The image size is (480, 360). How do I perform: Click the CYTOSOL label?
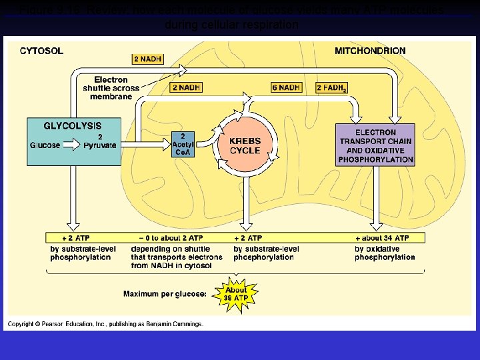tap(41, 51)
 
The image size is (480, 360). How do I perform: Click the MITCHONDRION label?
tap(369, 51)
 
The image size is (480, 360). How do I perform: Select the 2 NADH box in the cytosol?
tap(147, 59)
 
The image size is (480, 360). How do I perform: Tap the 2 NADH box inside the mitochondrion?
tap(187, 87)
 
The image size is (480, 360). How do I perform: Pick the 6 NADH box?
tap(286, 87)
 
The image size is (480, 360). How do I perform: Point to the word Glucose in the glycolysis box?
tap(45, 145)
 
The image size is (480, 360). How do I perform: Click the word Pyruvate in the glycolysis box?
tap(100, 145)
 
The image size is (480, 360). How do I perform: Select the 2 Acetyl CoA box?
tap(183, 143)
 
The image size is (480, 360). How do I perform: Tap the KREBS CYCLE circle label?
tap(245, 145)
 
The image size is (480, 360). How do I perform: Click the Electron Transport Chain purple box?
tap(376, 145)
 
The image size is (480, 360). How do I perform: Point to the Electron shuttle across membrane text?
tap(111, 88)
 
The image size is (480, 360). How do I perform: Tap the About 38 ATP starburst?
tap(235, 294)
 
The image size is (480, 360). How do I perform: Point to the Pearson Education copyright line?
tap(105, 324)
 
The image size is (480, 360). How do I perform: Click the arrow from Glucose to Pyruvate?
tap(71, 145)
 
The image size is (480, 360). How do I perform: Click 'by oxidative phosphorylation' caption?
tap(385, 253)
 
